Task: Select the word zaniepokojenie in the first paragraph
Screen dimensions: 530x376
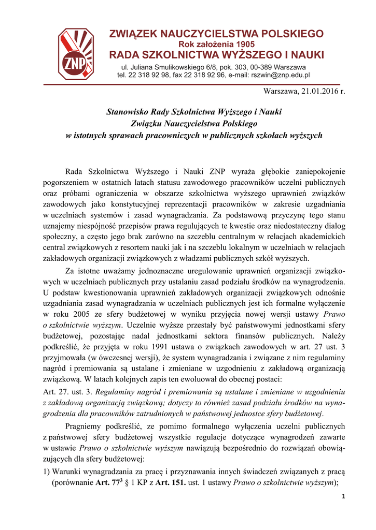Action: [319, 171]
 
